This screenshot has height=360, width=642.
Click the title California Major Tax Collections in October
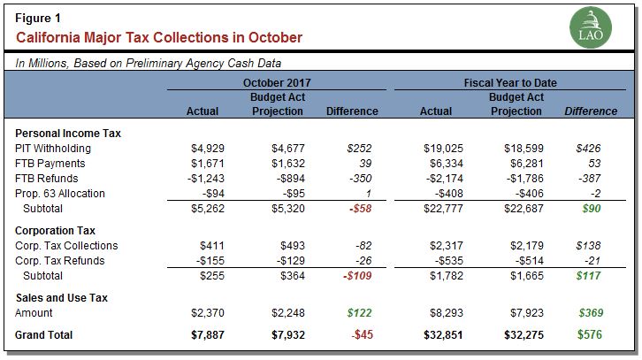[159, 38]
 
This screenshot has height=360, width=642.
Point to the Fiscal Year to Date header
[516, 82]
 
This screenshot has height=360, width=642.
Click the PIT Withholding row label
[53, 149]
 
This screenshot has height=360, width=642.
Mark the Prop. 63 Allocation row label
[60, 194]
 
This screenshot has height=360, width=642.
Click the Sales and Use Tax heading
[62, 298]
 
